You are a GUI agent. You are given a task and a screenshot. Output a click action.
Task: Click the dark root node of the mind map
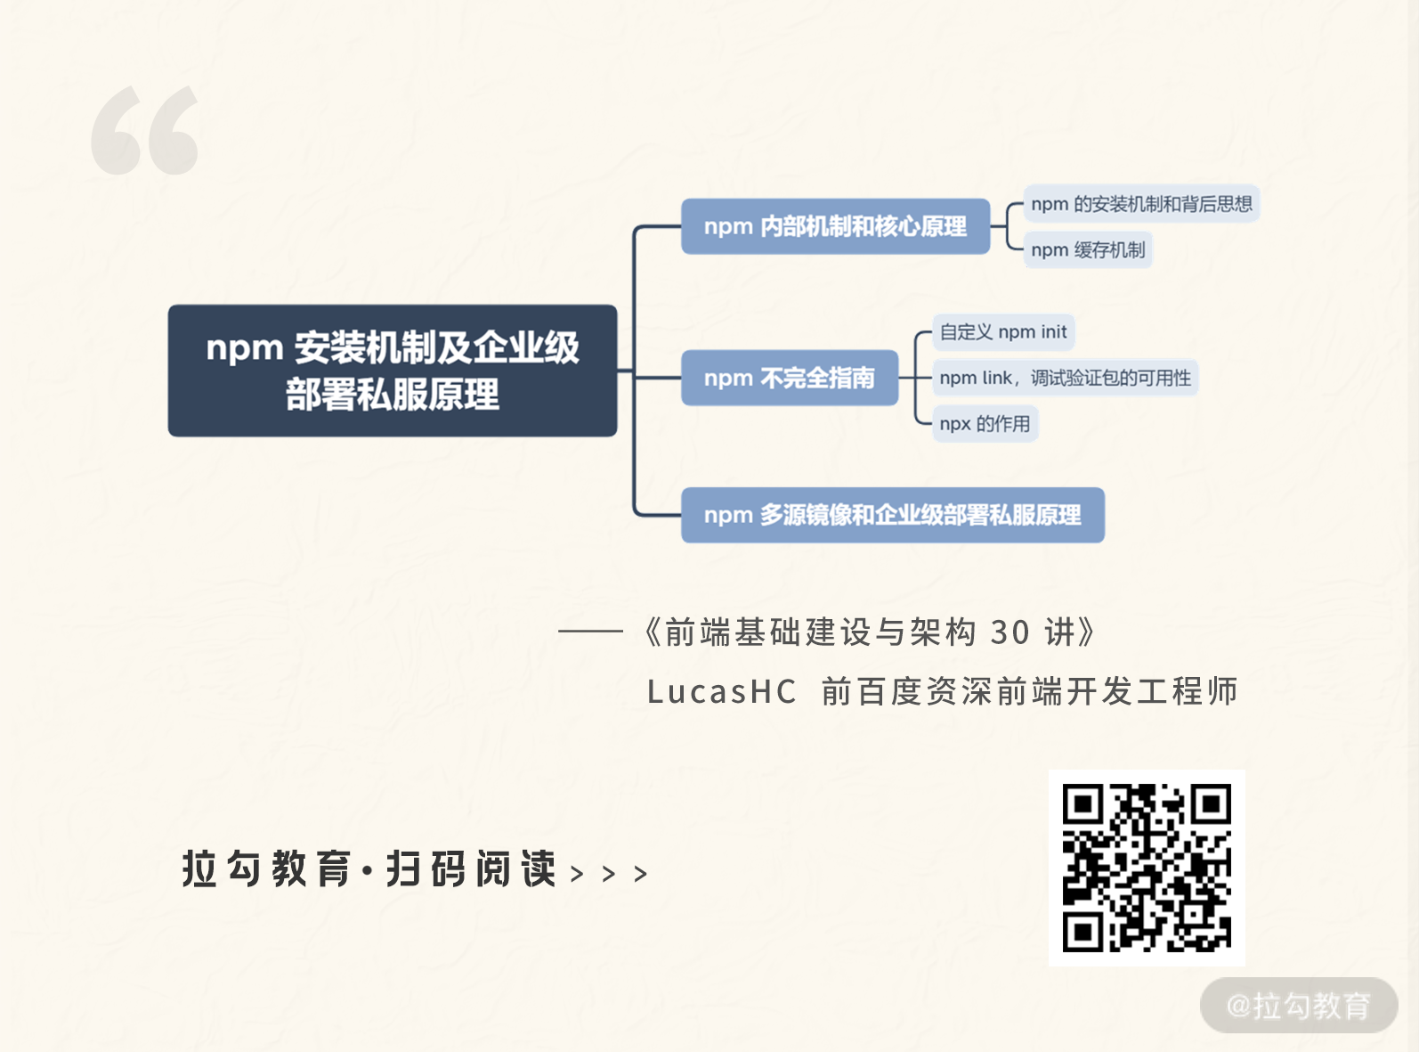392,371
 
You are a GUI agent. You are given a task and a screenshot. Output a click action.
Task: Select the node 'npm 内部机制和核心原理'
835,226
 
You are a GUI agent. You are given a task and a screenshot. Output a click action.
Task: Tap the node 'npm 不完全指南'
789,378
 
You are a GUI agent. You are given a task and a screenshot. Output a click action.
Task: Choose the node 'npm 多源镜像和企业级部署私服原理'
892,515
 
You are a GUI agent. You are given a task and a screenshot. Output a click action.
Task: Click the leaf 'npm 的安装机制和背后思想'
1141,204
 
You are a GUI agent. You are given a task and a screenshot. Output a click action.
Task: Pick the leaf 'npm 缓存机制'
1088,250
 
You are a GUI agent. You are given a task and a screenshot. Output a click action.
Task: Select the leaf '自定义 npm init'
1003,332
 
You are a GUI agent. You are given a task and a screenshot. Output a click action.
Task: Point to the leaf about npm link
1065,378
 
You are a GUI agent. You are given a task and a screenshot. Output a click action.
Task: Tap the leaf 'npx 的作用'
985,424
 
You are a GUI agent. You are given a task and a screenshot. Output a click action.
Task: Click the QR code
1147,868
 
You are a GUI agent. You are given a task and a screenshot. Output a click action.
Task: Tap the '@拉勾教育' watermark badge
1298,1006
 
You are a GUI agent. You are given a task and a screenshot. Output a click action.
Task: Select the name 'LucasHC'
721,691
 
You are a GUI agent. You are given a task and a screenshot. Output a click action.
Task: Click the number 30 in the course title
1010,632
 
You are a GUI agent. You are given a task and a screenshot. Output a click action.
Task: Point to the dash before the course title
590,631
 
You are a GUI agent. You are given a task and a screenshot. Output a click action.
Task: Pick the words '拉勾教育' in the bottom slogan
266,869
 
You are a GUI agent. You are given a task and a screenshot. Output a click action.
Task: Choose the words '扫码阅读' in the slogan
471,869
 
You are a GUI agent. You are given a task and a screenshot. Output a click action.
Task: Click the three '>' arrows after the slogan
609,874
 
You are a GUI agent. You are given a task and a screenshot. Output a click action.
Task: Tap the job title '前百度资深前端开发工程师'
1029,691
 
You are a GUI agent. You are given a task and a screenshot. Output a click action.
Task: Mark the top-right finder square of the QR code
1211,805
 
